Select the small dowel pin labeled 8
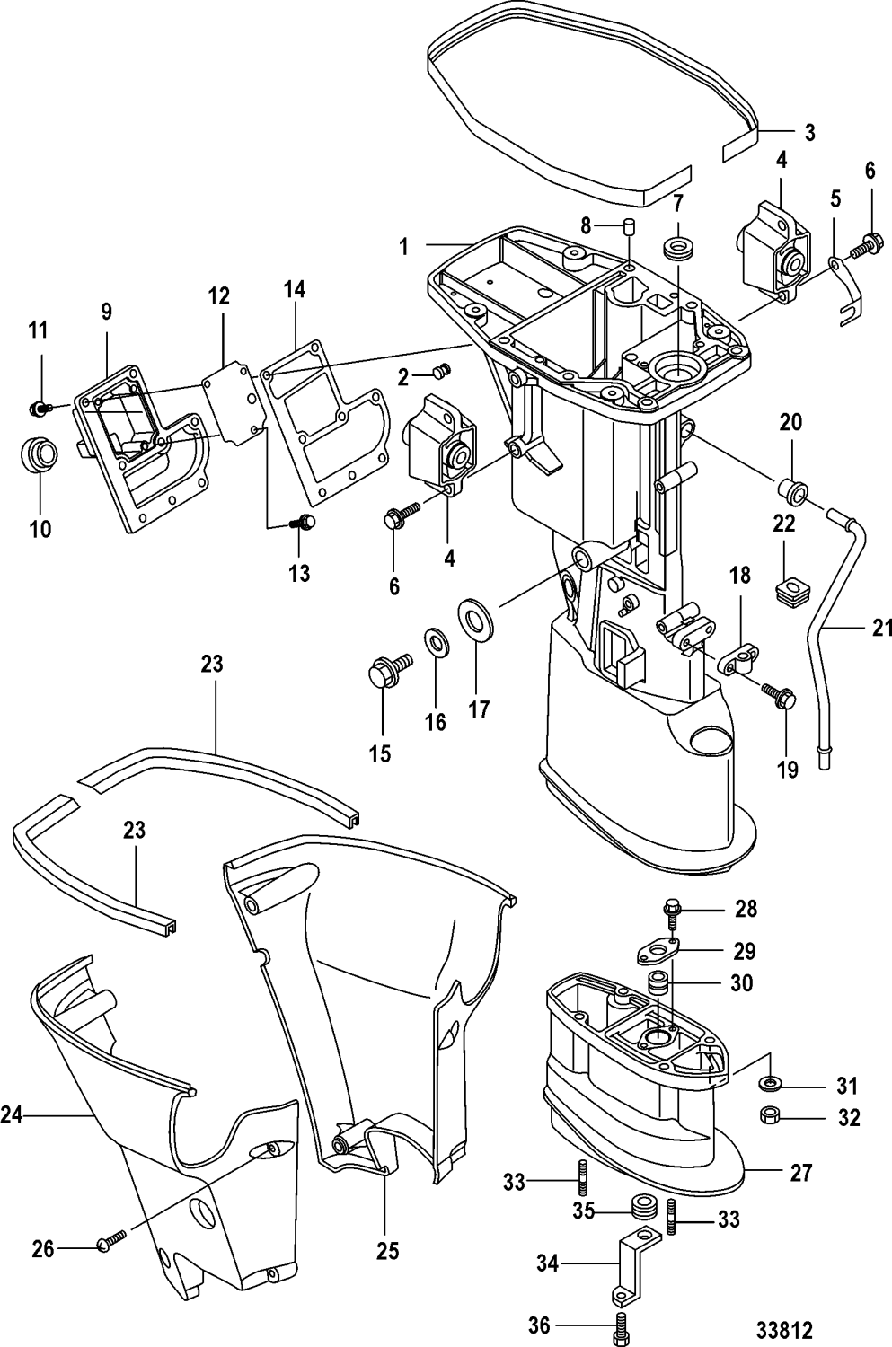[629, 224]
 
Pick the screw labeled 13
[306, 521]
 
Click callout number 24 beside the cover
[12, 1116]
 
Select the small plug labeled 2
[441, 371]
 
